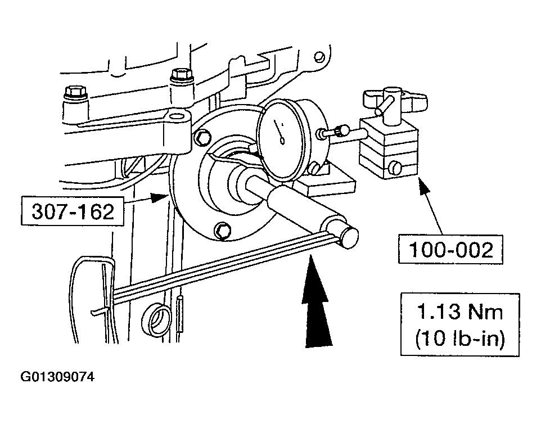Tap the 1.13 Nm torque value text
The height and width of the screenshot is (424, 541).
459,312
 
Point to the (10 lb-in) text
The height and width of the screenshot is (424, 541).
459,339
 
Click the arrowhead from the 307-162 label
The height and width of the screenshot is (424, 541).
164,196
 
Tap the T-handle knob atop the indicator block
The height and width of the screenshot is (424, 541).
394,102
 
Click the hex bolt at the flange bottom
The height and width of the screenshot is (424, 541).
222,229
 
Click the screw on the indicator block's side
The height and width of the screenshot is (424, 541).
395,167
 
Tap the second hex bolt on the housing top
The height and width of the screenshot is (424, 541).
181,75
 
